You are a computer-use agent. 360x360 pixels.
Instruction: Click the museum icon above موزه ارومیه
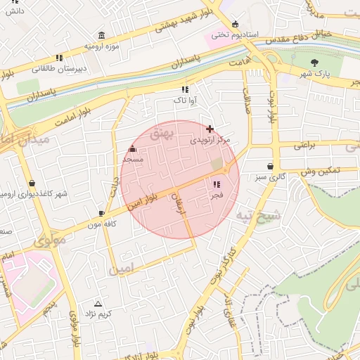pyautogui.click(x=102, y=36)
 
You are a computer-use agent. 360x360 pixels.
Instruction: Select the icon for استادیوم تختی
pyautogui.click(x=235, y=24)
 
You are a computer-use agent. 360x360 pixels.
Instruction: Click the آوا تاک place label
pyautogui.click(x=185, y=101)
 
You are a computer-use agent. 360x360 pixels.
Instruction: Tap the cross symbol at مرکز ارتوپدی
pyautogui.click(x=210, y=129)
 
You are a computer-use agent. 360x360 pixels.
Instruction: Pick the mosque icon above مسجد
pyautogui.click(x=133, y=148)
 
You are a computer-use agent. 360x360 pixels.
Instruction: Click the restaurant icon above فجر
pyautogui.click(x=216, y=184)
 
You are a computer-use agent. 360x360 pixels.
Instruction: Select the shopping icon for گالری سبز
pyautogui.click(x=270, y=167)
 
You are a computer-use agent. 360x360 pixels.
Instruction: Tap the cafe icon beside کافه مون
pyautogui.click(x=102, y=212)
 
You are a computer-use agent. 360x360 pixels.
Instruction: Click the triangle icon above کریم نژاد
pyautogui.click(x=98, y=304)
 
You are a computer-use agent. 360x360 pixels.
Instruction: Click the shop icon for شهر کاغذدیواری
pyautogui.click(x=32, y=184)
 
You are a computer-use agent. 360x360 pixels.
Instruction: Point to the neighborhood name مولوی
pyautogui.click(x=49, y=241)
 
